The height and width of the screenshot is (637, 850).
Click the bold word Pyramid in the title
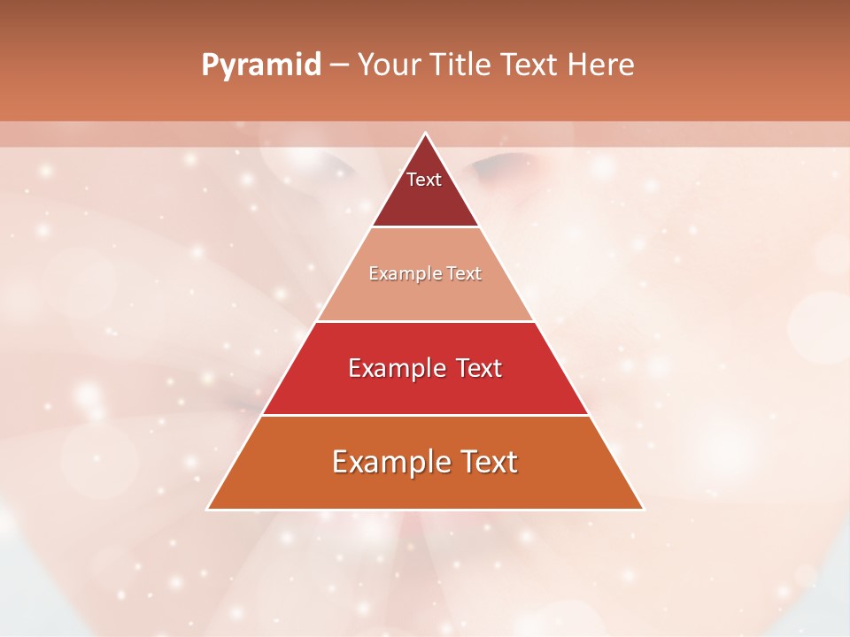261,65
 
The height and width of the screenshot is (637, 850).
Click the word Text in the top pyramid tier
424,180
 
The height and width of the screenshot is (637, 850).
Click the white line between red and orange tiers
425,415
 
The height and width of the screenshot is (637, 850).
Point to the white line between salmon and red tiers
425,321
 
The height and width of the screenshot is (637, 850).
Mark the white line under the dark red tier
425,227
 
